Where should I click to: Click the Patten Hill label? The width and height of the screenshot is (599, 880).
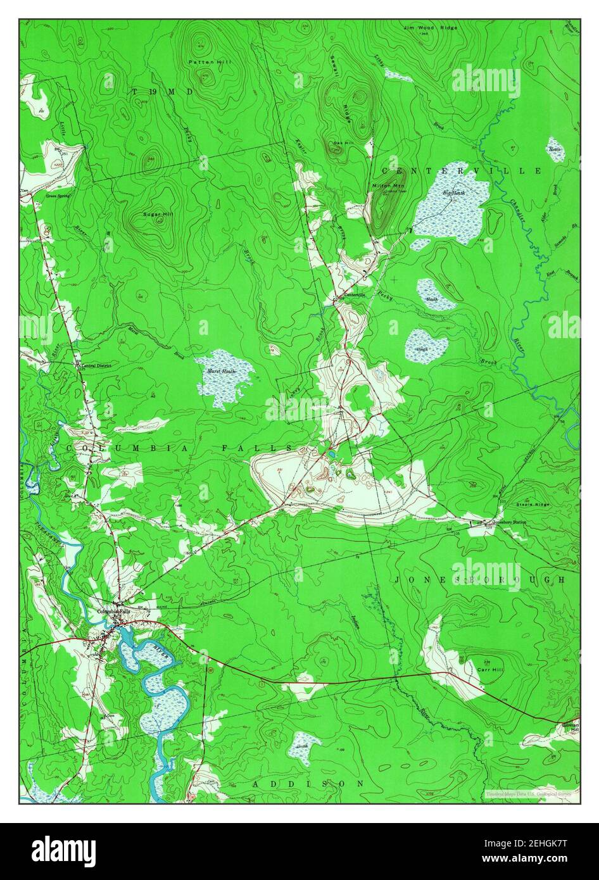coord(202,61)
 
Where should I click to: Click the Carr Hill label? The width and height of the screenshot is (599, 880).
coord(490,669)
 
